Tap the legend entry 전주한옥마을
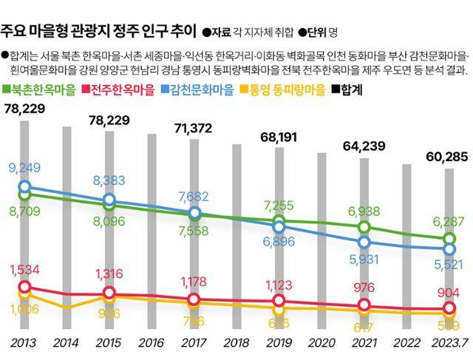[123, 89]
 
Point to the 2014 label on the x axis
[67, 343]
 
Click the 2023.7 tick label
[448, 343]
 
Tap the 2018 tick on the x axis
[236, 343]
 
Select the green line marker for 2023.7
[449, 239]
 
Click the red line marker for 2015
[110, 293]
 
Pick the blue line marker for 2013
[25, 187]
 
